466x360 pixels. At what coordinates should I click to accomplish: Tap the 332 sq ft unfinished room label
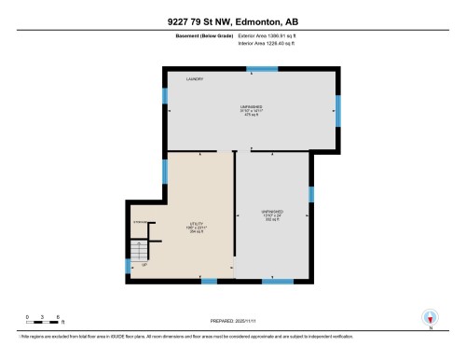tap(271, 216)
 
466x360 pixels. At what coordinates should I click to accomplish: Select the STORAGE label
tap(141, 222)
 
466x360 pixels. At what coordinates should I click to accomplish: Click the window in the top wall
tap(251, 67)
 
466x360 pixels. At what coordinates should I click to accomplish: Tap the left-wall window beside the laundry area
tap(165, 95)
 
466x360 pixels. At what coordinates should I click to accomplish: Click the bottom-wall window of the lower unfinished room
tap(274, 281)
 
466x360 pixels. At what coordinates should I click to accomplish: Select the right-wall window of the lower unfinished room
tap(312, 194)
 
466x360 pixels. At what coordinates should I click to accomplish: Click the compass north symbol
tap(431, 317)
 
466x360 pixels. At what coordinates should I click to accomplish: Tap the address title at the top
tap(232, 21)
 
